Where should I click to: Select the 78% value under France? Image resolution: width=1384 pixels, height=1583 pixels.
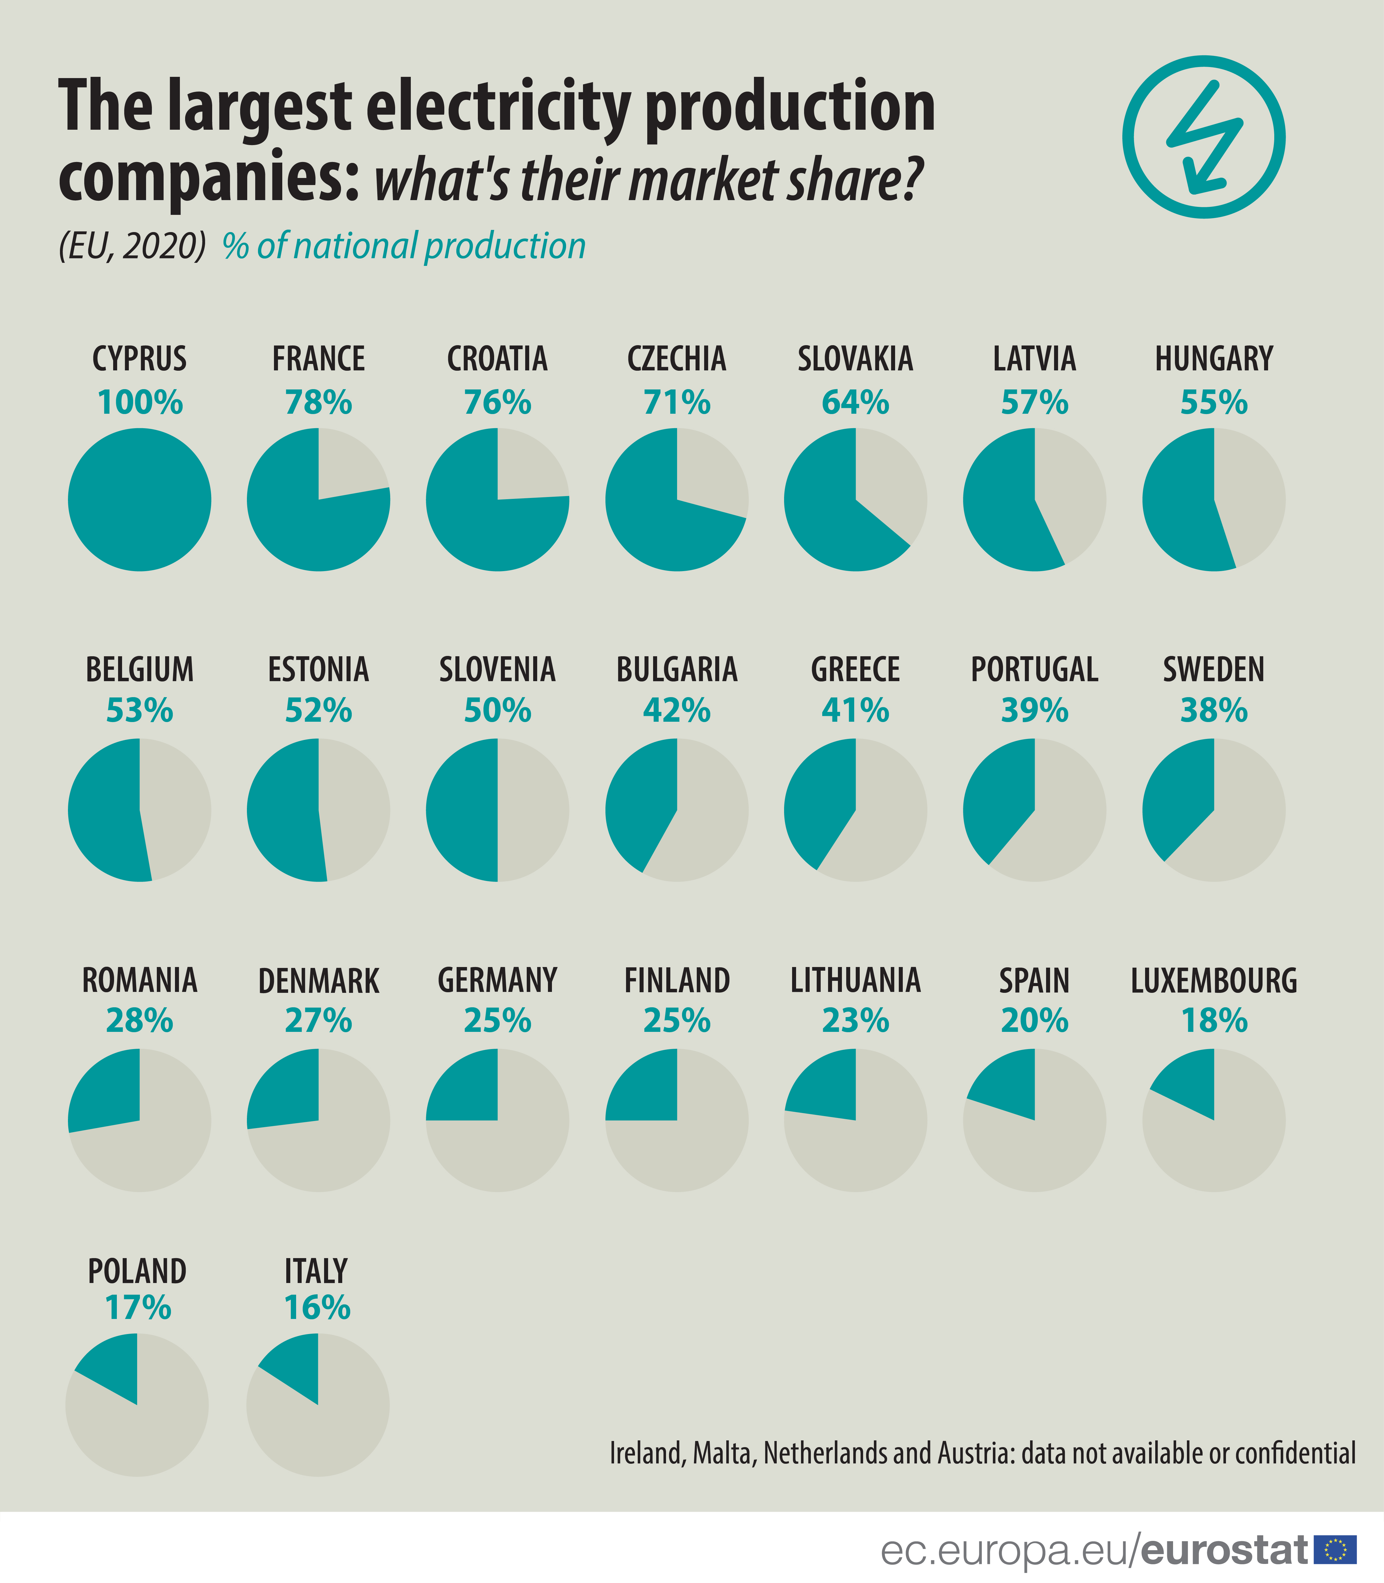pyautogui.click(x=318, y=402)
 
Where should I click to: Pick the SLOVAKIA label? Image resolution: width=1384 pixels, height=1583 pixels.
pyautogui.click(x=855, y=359)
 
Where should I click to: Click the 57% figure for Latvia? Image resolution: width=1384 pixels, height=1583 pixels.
pyautogui.click(x=1034, y=402)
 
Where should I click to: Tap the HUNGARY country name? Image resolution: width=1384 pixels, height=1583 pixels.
pyautogui.click(x=1213, y=359)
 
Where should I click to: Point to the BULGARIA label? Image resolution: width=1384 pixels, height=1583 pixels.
pyautogui.click(x=676, y=669)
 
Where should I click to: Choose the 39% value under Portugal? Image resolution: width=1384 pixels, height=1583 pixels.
pyautogui.click(x=1034, y=710)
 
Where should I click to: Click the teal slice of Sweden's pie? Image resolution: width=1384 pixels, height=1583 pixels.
pyautogui.click(x=1182, y=795)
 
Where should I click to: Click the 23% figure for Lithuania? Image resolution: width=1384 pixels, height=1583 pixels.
pyautogui.click(x=855, y=1021)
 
